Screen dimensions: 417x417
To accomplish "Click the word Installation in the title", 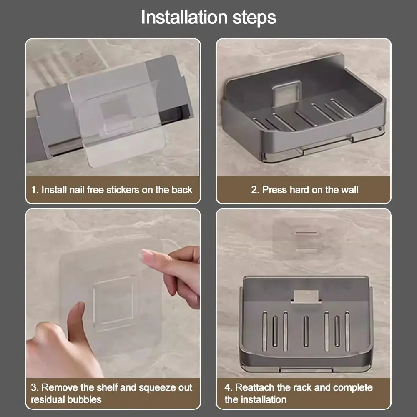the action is point(184,17).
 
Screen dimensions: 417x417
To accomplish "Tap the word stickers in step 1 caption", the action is point(123,190).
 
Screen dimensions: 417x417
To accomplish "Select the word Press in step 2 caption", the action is point(274,190).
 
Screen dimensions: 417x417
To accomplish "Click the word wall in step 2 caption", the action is point(349,190).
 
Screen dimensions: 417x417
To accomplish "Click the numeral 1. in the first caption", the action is point(35,190).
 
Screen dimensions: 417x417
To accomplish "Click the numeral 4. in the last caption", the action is point(229,387).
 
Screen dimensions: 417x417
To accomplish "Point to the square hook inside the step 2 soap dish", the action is point(288,91).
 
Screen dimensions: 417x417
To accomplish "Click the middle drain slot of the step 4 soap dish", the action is point(306,331).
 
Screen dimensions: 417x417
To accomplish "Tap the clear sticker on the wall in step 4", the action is point(305,239).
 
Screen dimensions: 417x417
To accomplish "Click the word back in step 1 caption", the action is point(182,190).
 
